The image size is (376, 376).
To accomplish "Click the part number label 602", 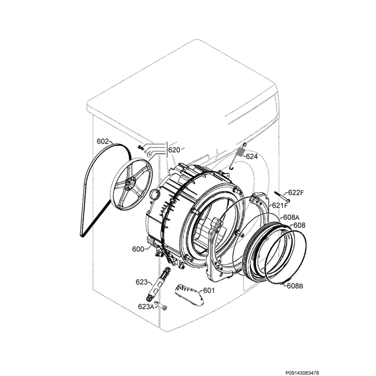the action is (103, 141).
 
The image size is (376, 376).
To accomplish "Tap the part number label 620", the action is (174, 150).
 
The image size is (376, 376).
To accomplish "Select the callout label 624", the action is (252, 156).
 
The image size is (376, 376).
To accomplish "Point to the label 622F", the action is (296, 192).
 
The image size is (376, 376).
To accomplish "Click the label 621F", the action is (279, 205).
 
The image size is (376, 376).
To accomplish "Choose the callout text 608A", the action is (291, 217).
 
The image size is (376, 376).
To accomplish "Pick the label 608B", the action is (295, 286).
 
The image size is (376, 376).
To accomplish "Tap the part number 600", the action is (138, 249).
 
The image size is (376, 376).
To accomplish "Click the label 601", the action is (209, 290).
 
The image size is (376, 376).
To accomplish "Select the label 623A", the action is (146, 307).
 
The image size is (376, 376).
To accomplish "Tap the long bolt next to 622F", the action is (282, 196).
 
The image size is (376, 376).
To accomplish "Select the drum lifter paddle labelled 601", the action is (189, 294).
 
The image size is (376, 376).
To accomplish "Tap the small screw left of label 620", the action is (141, 148).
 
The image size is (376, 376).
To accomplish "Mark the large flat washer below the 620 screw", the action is (150, 154).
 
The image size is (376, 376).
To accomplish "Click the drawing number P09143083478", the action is (302, 373).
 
